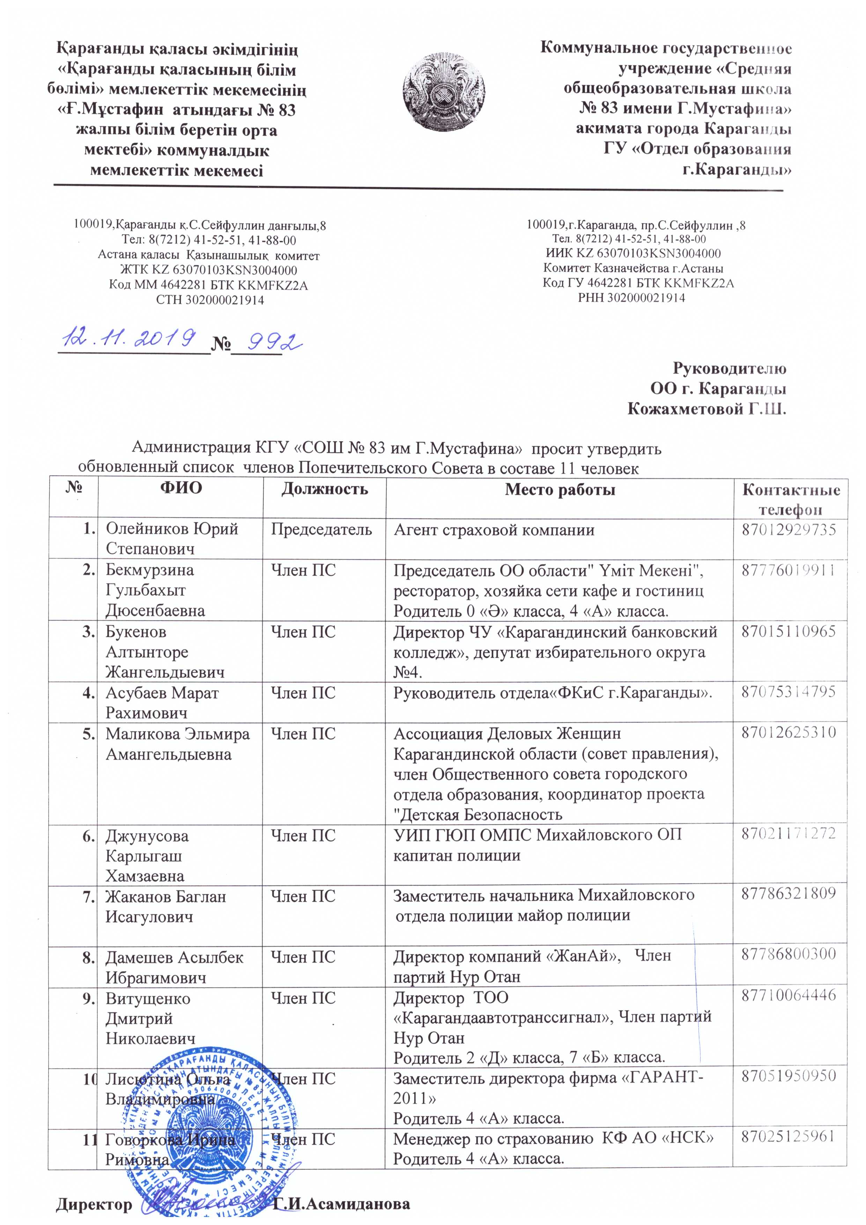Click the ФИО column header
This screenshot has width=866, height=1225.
point(181,489)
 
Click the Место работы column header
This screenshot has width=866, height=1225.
point(560,489)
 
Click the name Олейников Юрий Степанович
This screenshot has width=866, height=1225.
point(172,538)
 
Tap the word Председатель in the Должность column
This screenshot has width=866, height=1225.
point(321,529)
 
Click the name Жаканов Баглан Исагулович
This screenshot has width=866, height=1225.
point(165,906)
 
